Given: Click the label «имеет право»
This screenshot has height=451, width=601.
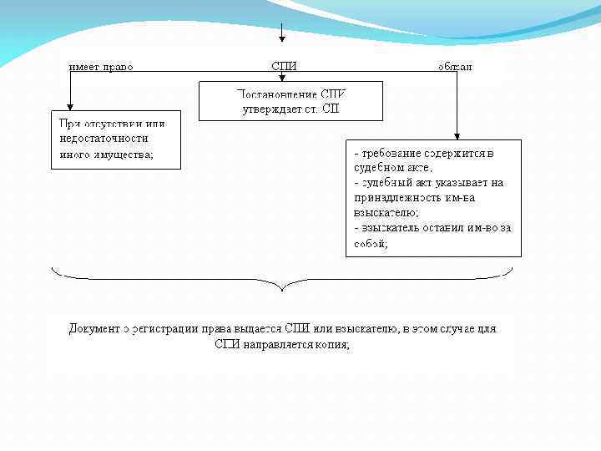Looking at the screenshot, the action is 101,66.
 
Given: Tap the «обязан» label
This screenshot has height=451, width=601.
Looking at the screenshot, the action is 455,66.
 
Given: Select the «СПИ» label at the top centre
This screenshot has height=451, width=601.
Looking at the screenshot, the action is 284,66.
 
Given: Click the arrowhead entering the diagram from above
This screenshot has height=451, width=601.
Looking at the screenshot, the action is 282,37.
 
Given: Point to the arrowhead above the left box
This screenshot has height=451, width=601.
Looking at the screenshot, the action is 71,105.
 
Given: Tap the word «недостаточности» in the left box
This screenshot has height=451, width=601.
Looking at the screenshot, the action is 104,139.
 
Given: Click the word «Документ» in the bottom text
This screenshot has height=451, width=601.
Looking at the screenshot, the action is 94,328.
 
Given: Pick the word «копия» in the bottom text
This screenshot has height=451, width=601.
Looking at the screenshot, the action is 331,344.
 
